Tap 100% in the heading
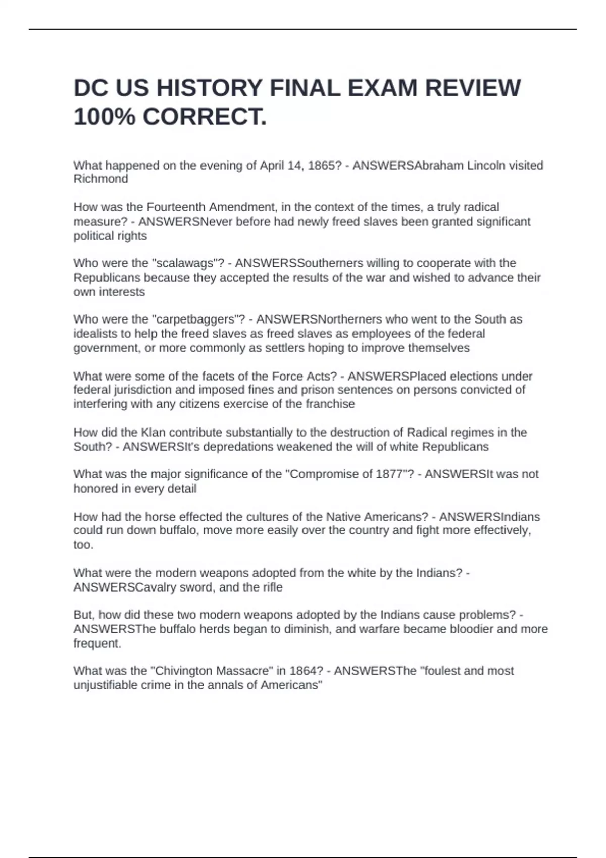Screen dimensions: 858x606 pos(104,117)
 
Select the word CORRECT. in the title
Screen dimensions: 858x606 pos(204,117)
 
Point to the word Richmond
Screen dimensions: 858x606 pos(100,179)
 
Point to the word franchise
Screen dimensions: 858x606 pos(330,404)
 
